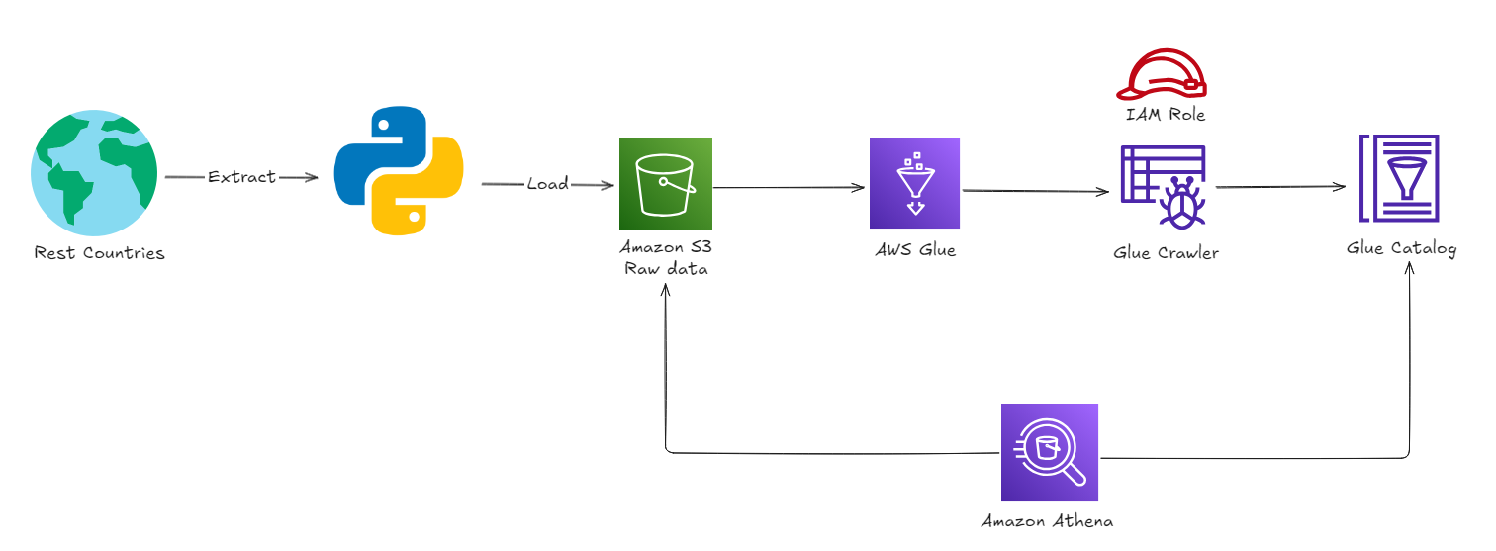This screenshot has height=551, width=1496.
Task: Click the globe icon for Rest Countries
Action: point(94,173)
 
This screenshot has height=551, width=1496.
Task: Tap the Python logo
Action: point(399,172)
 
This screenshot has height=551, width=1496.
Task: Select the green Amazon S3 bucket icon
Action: point(665,183)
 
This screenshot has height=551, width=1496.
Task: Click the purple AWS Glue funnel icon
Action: point(914,183)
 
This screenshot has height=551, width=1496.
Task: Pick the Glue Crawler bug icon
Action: point(1163,188)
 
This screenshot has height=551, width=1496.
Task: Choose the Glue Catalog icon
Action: point(1400,180)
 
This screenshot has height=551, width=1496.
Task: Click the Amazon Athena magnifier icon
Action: point(1049,452)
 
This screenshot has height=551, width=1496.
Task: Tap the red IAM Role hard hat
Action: point(1164,75)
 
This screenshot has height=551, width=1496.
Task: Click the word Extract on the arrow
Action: point(241,177)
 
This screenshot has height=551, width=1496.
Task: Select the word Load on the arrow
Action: point(547,184)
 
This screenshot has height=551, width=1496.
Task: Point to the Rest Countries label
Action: point(99,253)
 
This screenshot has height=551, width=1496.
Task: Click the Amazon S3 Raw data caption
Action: point(665,258)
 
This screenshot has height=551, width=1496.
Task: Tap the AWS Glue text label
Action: point(915,250)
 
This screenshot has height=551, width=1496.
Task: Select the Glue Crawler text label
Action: point(1166,253)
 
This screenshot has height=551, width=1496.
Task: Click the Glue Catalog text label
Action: point(1401,248)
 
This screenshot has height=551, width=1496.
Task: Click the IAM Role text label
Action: point(1166,115)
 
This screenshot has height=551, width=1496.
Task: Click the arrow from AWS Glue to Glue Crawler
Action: point(1035,191)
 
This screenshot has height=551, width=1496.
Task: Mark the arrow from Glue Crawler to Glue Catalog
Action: point(1281,187)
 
